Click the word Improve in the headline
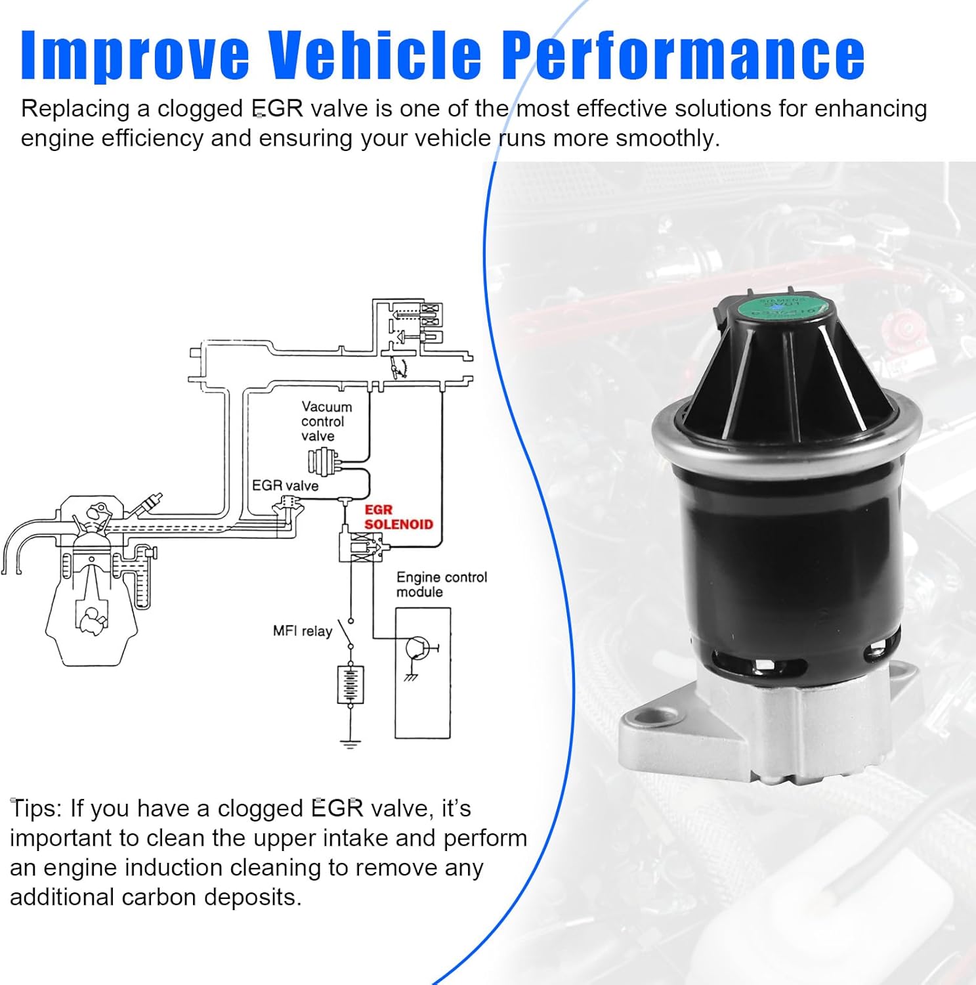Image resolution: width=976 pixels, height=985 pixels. tap(135, 55)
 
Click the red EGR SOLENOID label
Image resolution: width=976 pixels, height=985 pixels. tap(398, 517)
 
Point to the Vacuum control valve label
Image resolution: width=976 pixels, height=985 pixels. tap(326, 421)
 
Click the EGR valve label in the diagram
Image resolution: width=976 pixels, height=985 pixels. tap(285, 485)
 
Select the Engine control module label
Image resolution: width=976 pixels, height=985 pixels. tap(441, 584)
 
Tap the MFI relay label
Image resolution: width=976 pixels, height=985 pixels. tap(302, 631)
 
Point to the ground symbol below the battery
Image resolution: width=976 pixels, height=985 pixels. tap(350, 743)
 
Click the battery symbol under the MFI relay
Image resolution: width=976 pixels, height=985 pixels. tap(350, 684)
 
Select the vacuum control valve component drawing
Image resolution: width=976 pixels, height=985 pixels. tap(323, 461)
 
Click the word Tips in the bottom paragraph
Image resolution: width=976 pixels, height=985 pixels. tap(35, 808)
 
